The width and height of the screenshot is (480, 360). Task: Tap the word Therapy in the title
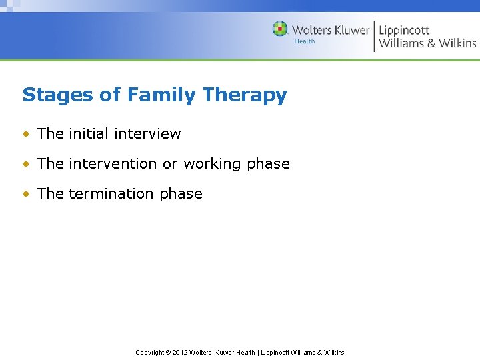(245, 95)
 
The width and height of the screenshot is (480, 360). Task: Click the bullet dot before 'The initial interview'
(25, 134)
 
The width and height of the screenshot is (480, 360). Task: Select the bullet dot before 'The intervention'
(25, 164)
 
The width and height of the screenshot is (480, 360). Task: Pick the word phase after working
(268, 164)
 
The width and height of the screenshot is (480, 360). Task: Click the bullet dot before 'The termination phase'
(25, 194)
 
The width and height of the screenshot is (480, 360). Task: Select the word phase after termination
(181, 194)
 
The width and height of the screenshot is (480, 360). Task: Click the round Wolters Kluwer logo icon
(280, 29)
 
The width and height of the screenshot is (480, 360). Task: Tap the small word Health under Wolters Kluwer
(305, 41)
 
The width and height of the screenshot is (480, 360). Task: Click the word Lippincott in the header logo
(404, 30)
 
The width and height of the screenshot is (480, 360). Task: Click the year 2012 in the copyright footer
(180, 352)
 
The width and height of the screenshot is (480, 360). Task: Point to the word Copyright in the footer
(150, 352)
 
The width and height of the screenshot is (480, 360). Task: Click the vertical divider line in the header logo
(374, 35)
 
